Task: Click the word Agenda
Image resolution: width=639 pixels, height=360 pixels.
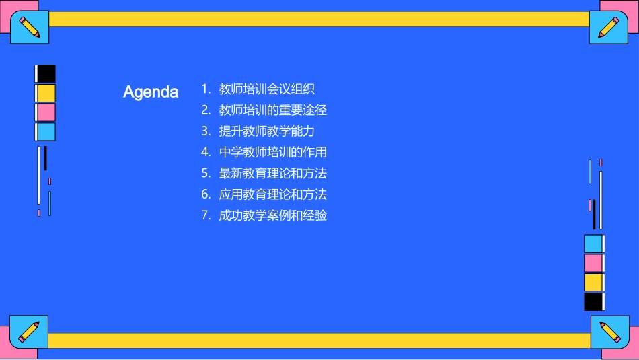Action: tap(151, 92)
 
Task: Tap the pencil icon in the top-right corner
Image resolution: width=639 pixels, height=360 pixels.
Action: tap(609, 27)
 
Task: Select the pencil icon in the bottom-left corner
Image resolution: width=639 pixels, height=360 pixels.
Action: tap(29, 331)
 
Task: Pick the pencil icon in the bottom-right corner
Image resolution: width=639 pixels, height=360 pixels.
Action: tap(609, 332)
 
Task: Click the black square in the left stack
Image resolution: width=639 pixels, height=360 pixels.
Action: tap(46, 73)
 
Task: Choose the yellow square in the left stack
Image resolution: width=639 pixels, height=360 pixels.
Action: tap(46, 93)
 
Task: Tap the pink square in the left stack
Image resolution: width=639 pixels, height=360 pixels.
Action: tap(46, 112)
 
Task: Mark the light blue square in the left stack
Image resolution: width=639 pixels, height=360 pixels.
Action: tap(46, 132)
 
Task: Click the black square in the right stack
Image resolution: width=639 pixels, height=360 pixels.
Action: tap(593, 301)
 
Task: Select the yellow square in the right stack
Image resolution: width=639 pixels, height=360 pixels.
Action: tap(593, 282)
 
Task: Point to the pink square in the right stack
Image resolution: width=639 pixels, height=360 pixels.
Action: tap(593, 262)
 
